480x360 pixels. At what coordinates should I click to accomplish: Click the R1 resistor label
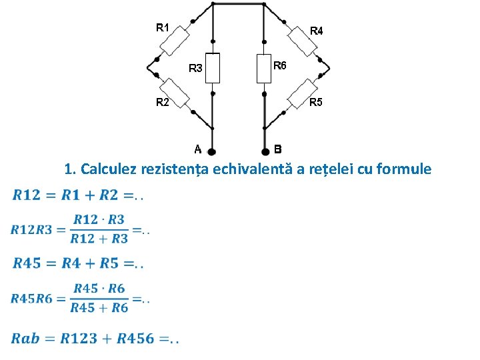[163, 27]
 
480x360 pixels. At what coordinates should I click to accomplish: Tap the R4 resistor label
[317, 31]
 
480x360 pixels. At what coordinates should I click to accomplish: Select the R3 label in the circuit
[195, 68]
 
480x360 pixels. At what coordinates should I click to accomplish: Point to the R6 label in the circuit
[280, 65]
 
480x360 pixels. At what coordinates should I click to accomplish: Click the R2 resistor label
[163, 102]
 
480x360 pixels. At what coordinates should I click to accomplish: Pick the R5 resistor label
[317, 102]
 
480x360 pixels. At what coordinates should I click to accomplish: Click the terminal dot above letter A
[212, 151]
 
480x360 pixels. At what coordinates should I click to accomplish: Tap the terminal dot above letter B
[265, 151]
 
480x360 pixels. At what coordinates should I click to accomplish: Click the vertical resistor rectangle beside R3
[212, 68]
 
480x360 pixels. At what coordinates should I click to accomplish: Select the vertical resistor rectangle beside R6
[265, 68]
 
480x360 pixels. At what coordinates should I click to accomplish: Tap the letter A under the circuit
[198, 149]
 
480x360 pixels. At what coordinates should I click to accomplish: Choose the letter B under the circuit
[278, 149]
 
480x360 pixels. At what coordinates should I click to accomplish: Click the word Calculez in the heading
[109, 169]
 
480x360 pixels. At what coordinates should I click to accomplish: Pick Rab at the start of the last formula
[25, 339]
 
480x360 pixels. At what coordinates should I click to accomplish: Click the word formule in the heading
[405, 169]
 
